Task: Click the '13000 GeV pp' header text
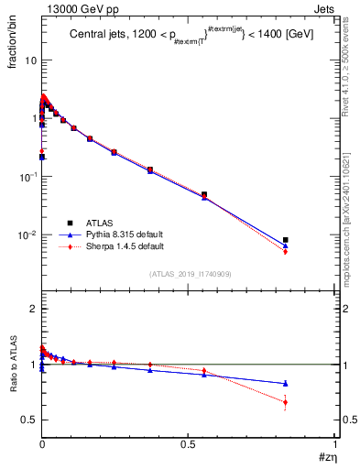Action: click(x=73, y=7)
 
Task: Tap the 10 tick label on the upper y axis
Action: click(x=29, y=60)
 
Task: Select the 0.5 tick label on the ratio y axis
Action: click(x=27, y=420)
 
